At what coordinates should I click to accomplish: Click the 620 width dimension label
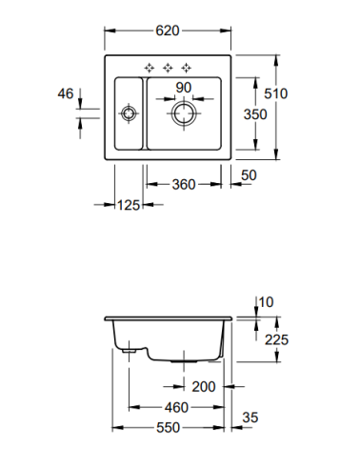[x=168, y=31]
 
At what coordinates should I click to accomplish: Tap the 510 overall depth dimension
[x=276, y=93]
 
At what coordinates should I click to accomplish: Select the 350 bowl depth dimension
[x=255, y=114]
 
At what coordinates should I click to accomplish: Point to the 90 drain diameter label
[x=184, y=88]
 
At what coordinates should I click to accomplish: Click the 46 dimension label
[x=66, y=93]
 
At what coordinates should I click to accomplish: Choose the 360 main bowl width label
[x=184, y=184]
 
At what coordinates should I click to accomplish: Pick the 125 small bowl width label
[x=129, y=205]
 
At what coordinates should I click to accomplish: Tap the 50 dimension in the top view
[x=249, y=175]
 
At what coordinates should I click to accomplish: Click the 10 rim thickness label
[x=266, y=302]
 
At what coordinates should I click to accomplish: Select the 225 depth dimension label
[x=276, y=339]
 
